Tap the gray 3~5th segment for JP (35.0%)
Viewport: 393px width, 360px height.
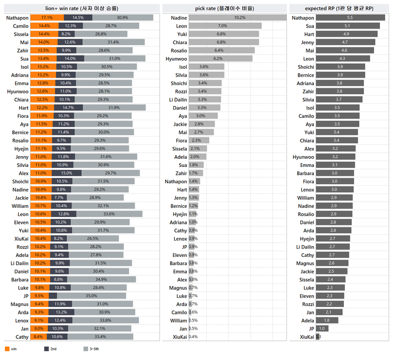pyautogui.click(x=91, y=296)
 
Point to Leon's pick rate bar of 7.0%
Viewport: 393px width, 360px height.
pyautogui.click(x=225, y=26)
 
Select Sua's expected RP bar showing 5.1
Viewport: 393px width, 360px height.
pyautogui.click(x=348, y=26)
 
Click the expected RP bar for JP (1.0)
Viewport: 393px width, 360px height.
pyautogui.click(x=321, y=329)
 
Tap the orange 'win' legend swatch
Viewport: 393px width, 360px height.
pyautogui.click(x=7, y=349)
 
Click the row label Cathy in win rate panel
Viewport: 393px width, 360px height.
pyautogui.click(x=22, y=337)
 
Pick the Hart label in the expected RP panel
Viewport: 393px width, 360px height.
pyautogui.click(x=309, y=34)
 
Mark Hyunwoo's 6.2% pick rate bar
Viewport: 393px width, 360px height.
pyautogui.click(x=220, y=58)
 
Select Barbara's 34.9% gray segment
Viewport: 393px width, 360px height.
pyautogui.click(x=101, y=279)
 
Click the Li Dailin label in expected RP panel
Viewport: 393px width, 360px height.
pyautogui.click(x=305, y=247)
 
